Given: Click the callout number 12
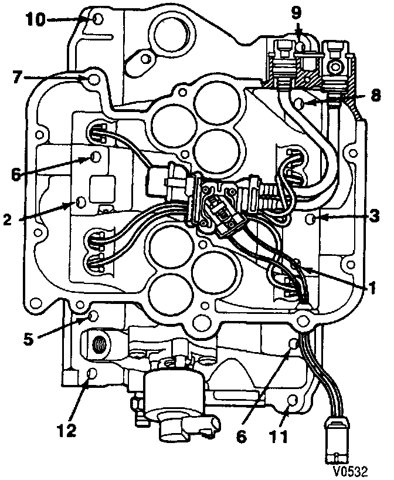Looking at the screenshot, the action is [x=66, y=431].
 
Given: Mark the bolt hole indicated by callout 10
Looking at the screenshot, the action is [x=98, y=20].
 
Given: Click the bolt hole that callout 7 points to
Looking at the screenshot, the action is [x=92, y=78].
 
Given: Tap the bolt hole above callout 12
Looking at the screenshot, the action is [x=91, y=374].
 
